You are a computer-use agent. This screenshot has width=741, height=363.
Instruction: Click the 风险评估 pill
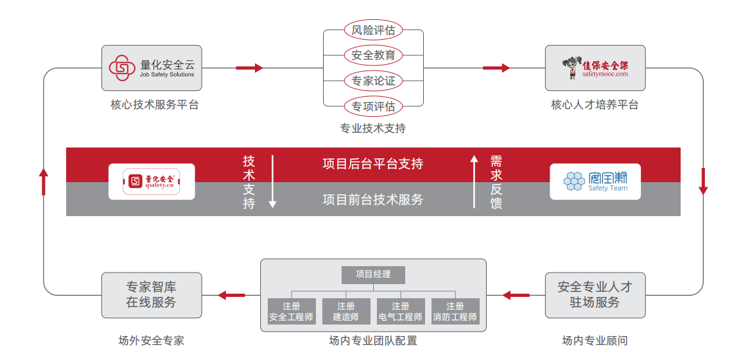(373, 30)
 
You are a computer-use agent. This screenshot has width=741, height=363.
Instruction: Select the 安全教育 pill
(373, 55)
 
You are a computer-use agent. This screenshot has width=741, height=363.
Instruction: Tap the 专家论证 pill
(373, 81)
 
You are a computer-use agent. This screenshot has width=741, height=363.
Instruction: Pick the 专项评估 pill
(373, 106)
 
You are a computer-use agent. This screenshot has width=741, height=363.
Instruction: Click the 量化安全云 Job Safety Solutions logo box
(152, 67)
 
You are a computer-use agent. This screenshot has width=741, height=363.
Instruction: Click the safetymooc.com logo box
(595, 67)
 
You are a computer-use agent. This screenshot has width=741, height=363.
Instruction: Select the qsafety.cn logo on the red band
(152, 181)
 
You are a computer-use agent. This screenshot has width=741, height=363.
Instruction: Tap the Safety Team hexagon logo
(595, 181)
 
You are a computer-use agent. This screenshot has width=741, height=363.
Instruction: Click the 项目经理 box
(373, 274)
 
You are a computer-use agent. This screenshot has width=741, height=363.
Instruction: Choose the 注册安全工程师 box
(292, 312)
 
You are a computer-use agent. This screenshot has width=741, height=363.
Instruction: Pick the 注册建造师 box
(346, 312)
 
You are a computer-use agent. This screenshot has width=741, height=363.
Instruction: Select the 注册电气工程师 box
(401, 312)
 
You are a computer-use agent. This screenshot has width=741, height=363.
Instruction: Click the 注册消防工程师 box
(455, 312)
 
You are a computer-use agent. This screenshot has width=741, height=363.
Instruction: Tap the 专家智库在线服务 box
(152, 295)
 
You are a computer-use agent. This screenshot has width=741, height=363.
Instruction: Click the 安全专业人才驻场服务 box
(595, 295)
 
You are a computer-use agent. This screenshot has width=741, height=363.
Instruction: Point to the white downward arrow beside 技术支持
(272, 181)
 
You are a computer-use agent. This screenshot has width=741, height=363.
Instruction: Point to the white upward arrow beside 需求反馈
(475, 181)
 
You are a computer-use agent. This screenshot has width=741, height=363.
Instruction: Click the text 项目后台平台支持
(373, 164)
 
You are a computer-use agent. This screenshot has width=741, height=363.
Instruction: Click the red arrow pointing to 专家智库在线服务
(231, 295)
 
